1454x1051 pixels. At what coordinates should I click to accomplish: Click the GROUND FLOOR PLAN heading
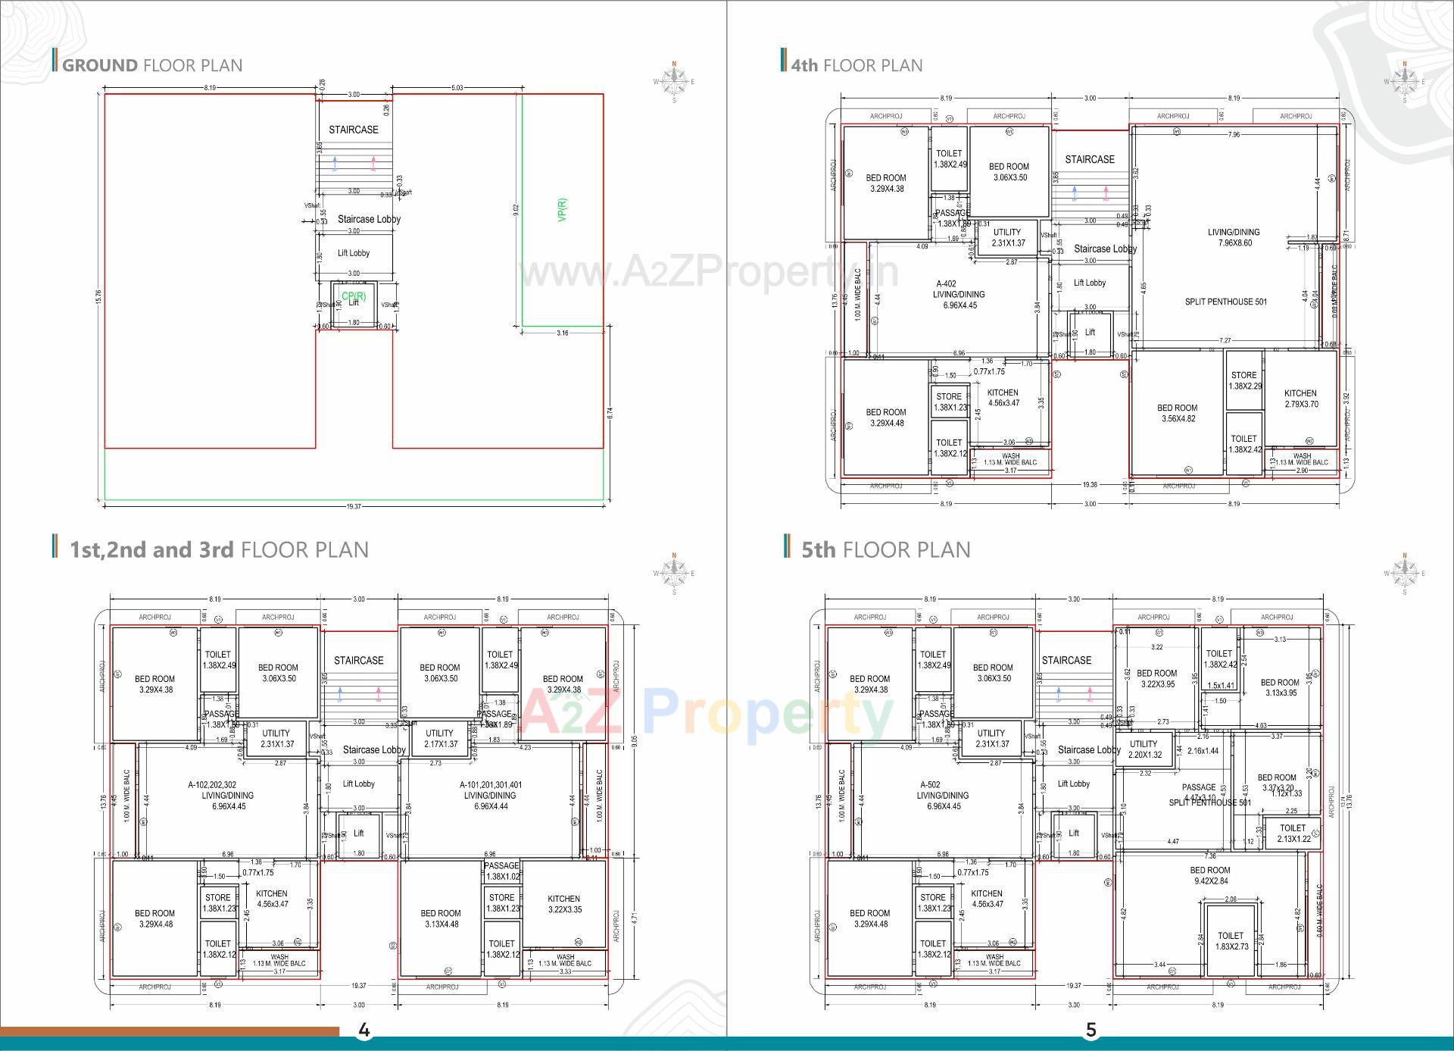click(151, 65)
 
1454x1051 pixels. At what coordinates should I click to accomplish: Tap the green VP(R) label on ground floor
click(562, 210)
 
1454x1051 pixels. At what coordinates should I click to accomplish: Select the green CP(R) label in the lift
click(354, 296)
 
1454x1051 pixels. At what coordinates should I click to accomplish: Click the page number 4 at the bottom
click(363, 1030)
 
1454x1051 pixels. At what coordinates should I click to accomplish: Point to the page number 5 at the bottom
click(1091, 1030)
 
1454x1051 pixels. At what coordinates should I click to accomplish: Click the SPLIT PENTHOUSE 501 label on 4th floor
click(1225, 302)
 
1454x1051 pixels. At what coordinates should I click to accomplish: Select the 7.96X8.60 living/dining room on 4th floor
click(1234, 238)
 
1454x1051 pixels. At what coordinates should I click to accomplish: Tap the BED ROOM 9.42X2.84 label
click(1209, 875)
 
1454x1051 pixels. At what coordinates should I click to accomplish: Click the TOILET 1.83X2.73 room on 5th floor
click(1231, 940)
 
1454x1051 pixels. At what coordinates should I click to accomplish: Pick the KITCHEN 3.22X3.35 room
click(563, 904)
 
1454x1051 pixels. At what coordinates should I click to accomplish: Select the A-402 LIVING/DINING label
click(959, 295)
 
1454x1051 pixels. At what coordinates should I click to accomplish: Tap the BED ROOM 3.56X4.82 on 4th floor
click(1177, 413)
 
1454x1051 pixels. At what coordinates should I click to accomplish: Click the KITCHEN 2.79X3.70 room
click(1300, 399)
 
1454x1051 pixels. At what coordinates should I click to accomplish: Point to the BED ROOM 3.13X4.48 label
click(440, 918)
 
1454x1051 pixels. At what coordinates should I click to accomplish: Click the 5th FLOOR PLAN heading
click(885, 549)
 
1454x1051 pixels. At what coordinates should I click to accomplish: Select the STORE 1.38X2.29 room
click(1243, 380)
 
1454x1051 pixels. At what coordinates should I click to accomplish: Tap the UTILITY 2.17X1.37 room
click(439, 738)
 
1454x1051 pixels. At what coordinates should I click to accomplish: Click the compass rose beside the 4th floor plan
click(1405, 81)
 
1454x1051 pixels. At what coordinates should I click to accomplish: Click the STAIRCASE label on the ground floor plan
click(354, 130)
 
